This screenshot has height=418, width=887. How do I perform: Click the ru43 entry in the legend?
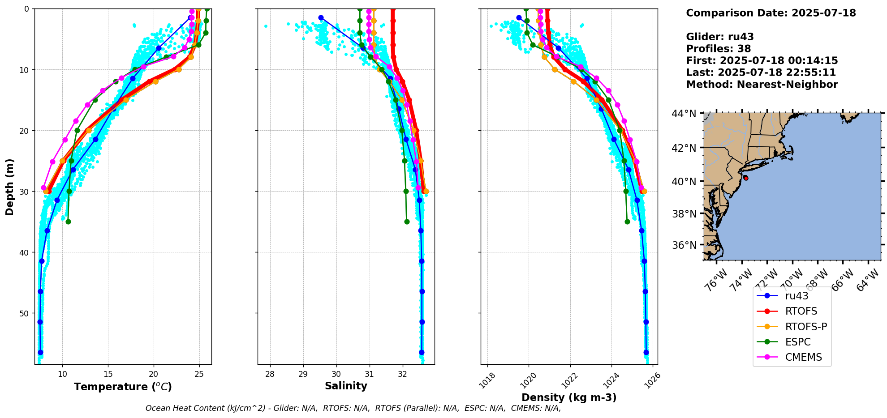(x=797, y=296)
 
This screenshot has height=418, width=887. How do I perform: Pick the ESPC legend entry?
(x=798, y=342)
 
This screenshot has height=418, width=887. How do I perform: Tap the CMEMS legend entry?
(x=803, y=357)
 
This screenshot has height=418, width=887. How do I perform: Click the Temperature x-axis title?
(x=123, y=387)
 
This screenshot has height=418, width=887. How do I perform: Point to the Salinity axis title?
(x=346, y=386)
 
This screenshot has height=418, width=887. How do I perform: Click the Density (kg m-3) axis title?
(x=569, y=397)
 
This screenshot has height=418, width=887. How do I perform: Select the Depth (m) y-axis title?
(x=10, y=187)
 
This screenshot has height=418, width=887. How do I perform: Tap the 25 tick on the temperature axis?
(x=199, y=374)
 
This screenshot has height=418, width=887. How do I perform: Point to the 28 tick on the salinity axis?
(x=270, y=374)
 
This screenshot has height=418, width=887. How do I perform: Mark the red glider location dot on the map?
(x=745, y=178)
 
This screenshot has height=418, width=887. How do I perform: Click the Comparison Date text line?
(x=771, y=13)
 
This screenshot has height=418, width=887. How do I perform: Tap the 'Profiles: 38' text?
(x=718, y=49)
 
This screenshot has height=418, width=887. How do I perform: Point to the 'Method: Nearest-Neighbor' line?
(x=762, y=84)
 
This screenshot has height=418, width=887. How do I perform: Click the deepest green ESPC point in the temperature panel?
(x=68, y=222)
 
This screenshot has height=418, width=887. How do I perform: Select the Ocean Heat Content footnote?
(x=353, y=408)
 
